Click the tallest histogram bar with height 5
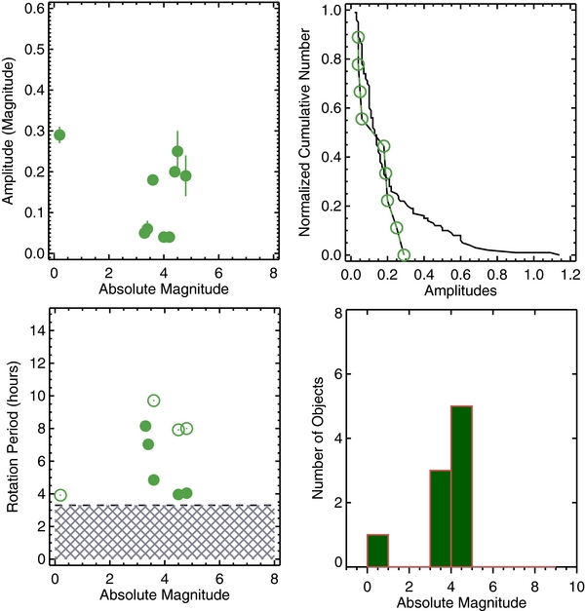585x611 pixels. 462,485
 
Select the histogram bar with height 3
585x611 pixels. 441,516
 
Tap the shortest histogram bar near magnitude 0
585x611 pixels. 377,549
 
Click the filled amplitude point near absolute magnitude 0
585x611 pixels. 59,135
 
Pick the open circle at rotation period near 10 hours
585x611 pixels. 153,401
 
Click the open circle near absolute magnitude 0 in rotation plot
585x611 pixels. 60,495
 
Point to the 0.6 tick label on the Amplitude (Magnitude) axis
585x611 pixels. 34,9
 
